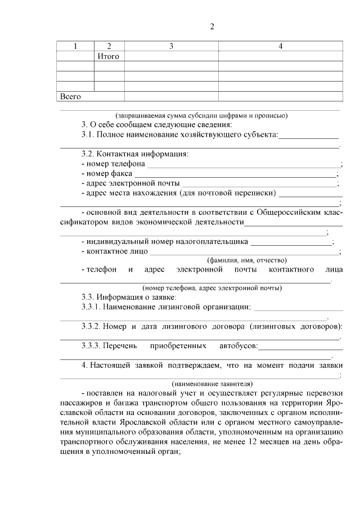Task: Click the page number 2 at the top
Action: pos(212,26)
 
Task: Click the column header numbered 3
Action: pos(171,47)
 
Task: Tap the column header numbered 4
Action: pos(280,47)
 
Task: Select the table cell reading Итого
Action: pos(109,56)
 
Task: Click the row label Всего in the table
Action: pos(70,96)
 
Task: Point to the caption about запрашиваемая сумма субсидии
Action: pos(201,116)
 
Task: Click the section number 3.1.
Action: pos(88,135)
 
